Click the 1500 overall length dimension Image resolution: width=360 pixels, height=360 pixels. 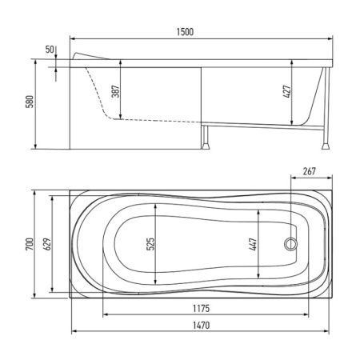(x=185, y=32)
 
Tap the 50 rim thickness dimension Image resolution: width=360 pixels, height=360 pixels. (x=50, y=50)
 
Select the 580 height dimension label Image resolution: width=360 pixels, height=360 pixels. (x=30, y=102)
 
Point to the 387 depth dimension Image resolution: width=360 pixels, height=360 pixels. (x=115, y=91)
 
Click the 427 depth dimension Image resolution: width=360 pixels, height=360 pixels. (x=287, y=92)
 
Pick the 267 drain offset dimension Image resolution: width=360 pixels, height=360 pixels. (x=310, y=171)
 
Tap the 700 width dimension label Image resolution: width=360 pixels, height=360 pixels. (x=30, y=244)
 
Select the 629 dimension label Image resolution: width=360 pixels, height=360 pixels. (x=47, y=244)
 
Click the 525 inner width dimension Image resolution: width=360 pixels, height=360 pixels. (x=150, y=244)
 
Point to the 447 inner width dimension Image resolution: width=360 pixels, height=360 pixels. (x=253, y=244)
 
